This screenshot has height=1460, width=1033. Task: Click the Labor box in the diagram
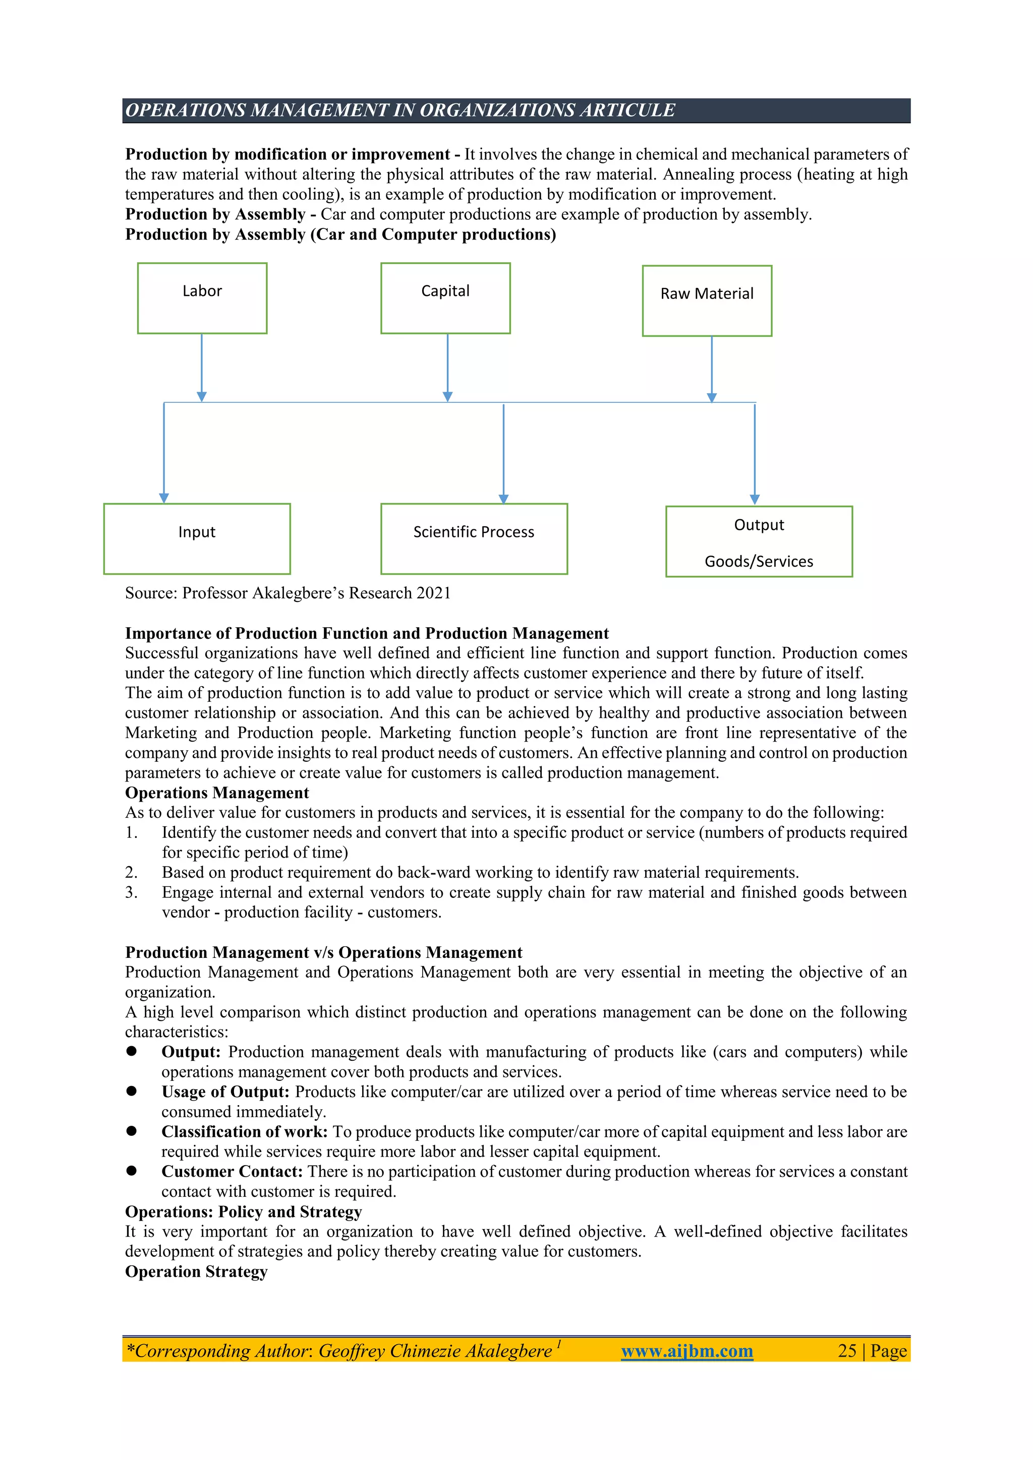tap(202, 298)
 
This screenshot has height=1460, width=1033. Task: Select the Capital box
tap(445, 298)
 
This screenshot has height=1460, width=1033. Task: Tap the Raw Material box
tap(707, 301)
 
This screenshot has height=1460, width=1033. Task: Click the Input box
tap(197, 538)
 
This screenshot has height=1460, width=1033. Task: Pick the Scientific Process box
tap(474, 538)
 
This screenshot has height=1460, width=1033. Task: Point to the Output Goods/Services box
tap(759, 542)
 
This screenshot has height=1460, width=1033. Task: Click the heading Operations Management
tap(217, 793)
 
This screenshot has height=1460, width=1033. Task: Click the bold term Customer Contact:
tap(232, 1171)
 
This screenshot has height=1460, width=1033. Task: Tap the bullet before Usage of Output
tap(132, 1091)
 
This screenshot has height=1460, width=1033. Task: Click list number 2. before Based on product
tap(131, 873)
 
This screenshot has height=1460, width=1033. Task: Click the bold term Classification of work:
tap(244, 1131)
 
